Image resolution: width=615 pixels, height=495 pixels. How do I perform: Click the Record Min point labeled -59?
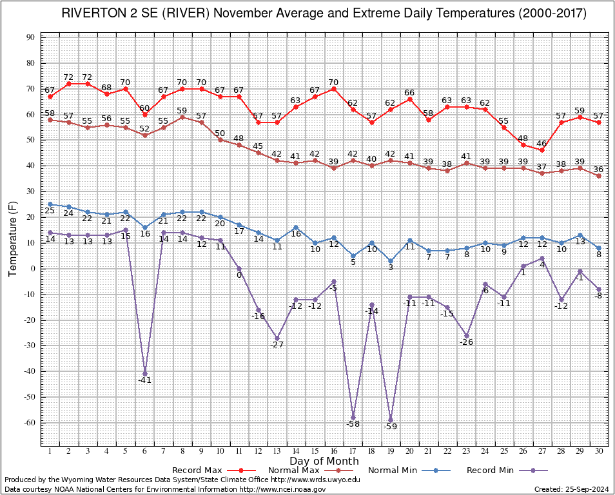(x=391, y=420)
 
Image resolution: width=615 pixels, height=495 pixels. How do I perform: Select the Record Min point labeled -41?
(x=145, y=374)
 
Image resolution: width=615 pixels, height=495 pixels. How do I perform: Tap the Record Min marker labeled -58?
(x=353, y=418)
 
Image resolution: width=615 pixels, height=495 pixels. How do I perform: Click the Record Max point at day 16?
(x=334, y=89)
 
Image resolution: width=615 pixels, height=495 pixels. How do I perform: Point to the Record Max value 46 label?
(x=542, y=144)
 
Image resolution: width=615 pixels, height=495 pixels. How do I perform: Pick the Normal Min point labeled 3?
(x=391, y=261)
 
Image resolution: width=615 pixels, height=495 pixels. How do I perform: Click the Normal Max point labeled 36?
(x=598, y=176)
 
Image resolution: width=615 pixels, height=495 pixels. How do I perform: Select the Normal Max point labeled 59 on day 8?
(x=182, y=117)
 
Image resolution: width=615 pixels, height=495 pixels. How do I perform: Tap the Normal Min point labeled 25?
(x=50, y=204)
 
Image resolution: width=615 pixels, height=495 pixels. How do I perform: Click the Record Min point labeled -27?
(x=277, y=338)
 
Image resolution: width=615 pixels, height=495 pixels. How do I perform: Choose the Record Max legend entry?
(x=214, y=471)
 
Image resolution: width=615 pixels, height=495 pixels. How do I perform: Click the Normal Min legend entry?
(x=409, y=471)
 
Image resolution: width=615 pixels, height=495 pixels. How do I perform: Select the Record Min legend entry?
(x=507, y=471)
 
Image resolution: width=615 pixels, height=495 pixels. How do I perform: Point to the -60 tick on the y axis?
(x=30, y=423)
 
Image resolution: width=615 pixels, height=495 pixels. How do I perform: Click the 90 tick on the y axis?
(x=31, y=37)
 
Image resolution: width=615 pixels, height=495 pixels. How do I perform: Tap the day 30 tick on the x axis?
(x=598, y=451)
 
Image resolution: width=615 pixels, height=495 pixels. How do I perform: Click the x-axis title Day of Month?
(x=324, y=461)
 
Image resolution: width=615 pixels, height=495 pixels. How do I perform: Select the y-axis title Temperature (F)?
(x=13, y=239)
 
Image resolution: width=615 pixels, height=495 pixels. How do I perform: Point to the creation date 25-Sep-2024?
(x=587, y=489)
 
